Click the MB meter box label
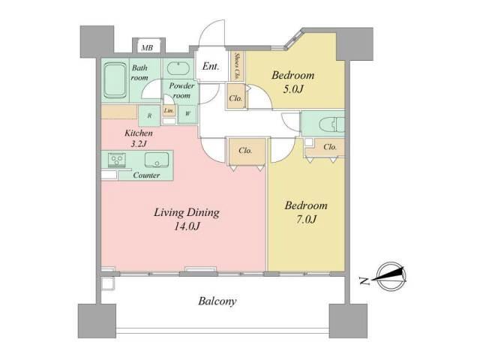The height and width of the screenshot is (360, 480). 147,48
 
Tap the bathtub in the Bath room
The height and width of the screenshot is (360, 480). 115,80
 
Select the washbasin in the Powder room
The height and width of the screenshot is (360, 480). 178,68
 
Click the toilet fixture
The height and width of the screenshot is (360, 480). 331,124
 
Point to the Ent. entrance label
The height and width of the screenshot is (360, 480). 211,67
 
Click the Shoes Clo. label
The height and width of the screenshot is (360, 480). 237,65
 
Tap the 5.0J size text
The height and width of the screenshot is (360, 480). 293,89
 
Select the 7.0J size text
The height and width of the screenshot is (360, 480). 306,219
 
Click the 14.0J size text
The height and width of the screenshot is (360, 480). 187,226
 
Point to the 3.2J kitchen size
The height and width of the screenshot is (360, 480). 139,143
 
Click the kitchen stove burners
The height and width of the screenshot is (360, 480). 117,160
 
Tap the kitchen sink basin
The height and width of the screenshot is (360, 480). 157,160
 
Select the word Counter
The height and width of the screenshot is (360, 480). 146,175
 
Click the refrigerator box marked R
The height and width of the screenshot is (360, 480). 149,115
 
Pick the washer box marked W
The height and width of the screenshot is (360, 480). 187,113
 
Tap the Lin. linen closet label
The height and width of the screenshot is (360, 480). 169,110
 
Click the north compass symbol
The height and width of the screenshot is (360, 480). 391,277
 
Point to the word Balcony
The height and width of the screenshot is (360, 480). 217,301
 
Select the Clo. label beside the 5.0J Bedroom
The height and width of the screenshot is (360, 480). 235,98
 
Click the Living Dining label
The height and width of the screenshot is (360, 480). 187,212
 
